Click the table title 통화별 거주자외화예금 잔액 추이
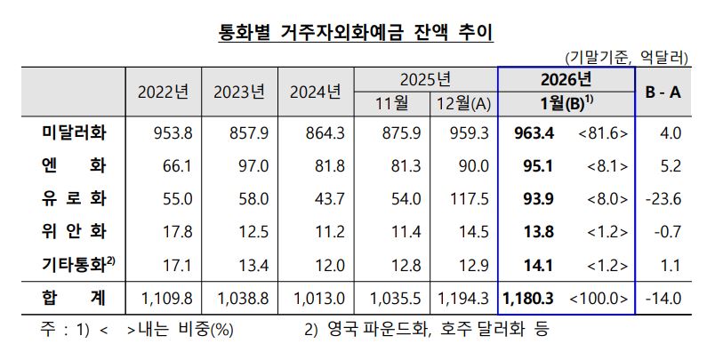[x=356, y=33]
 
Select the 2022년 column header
[x=163, y=92]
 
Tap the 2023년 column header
[x=239, y=92]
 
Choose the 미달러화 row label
[x=75, y=133]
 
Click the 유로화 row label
[x=75, y=198]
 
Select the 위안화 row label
[x=75, y=231]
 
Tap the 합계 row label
[x=75, y=296]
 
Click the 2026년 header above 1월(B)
[x=566, y=80]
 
